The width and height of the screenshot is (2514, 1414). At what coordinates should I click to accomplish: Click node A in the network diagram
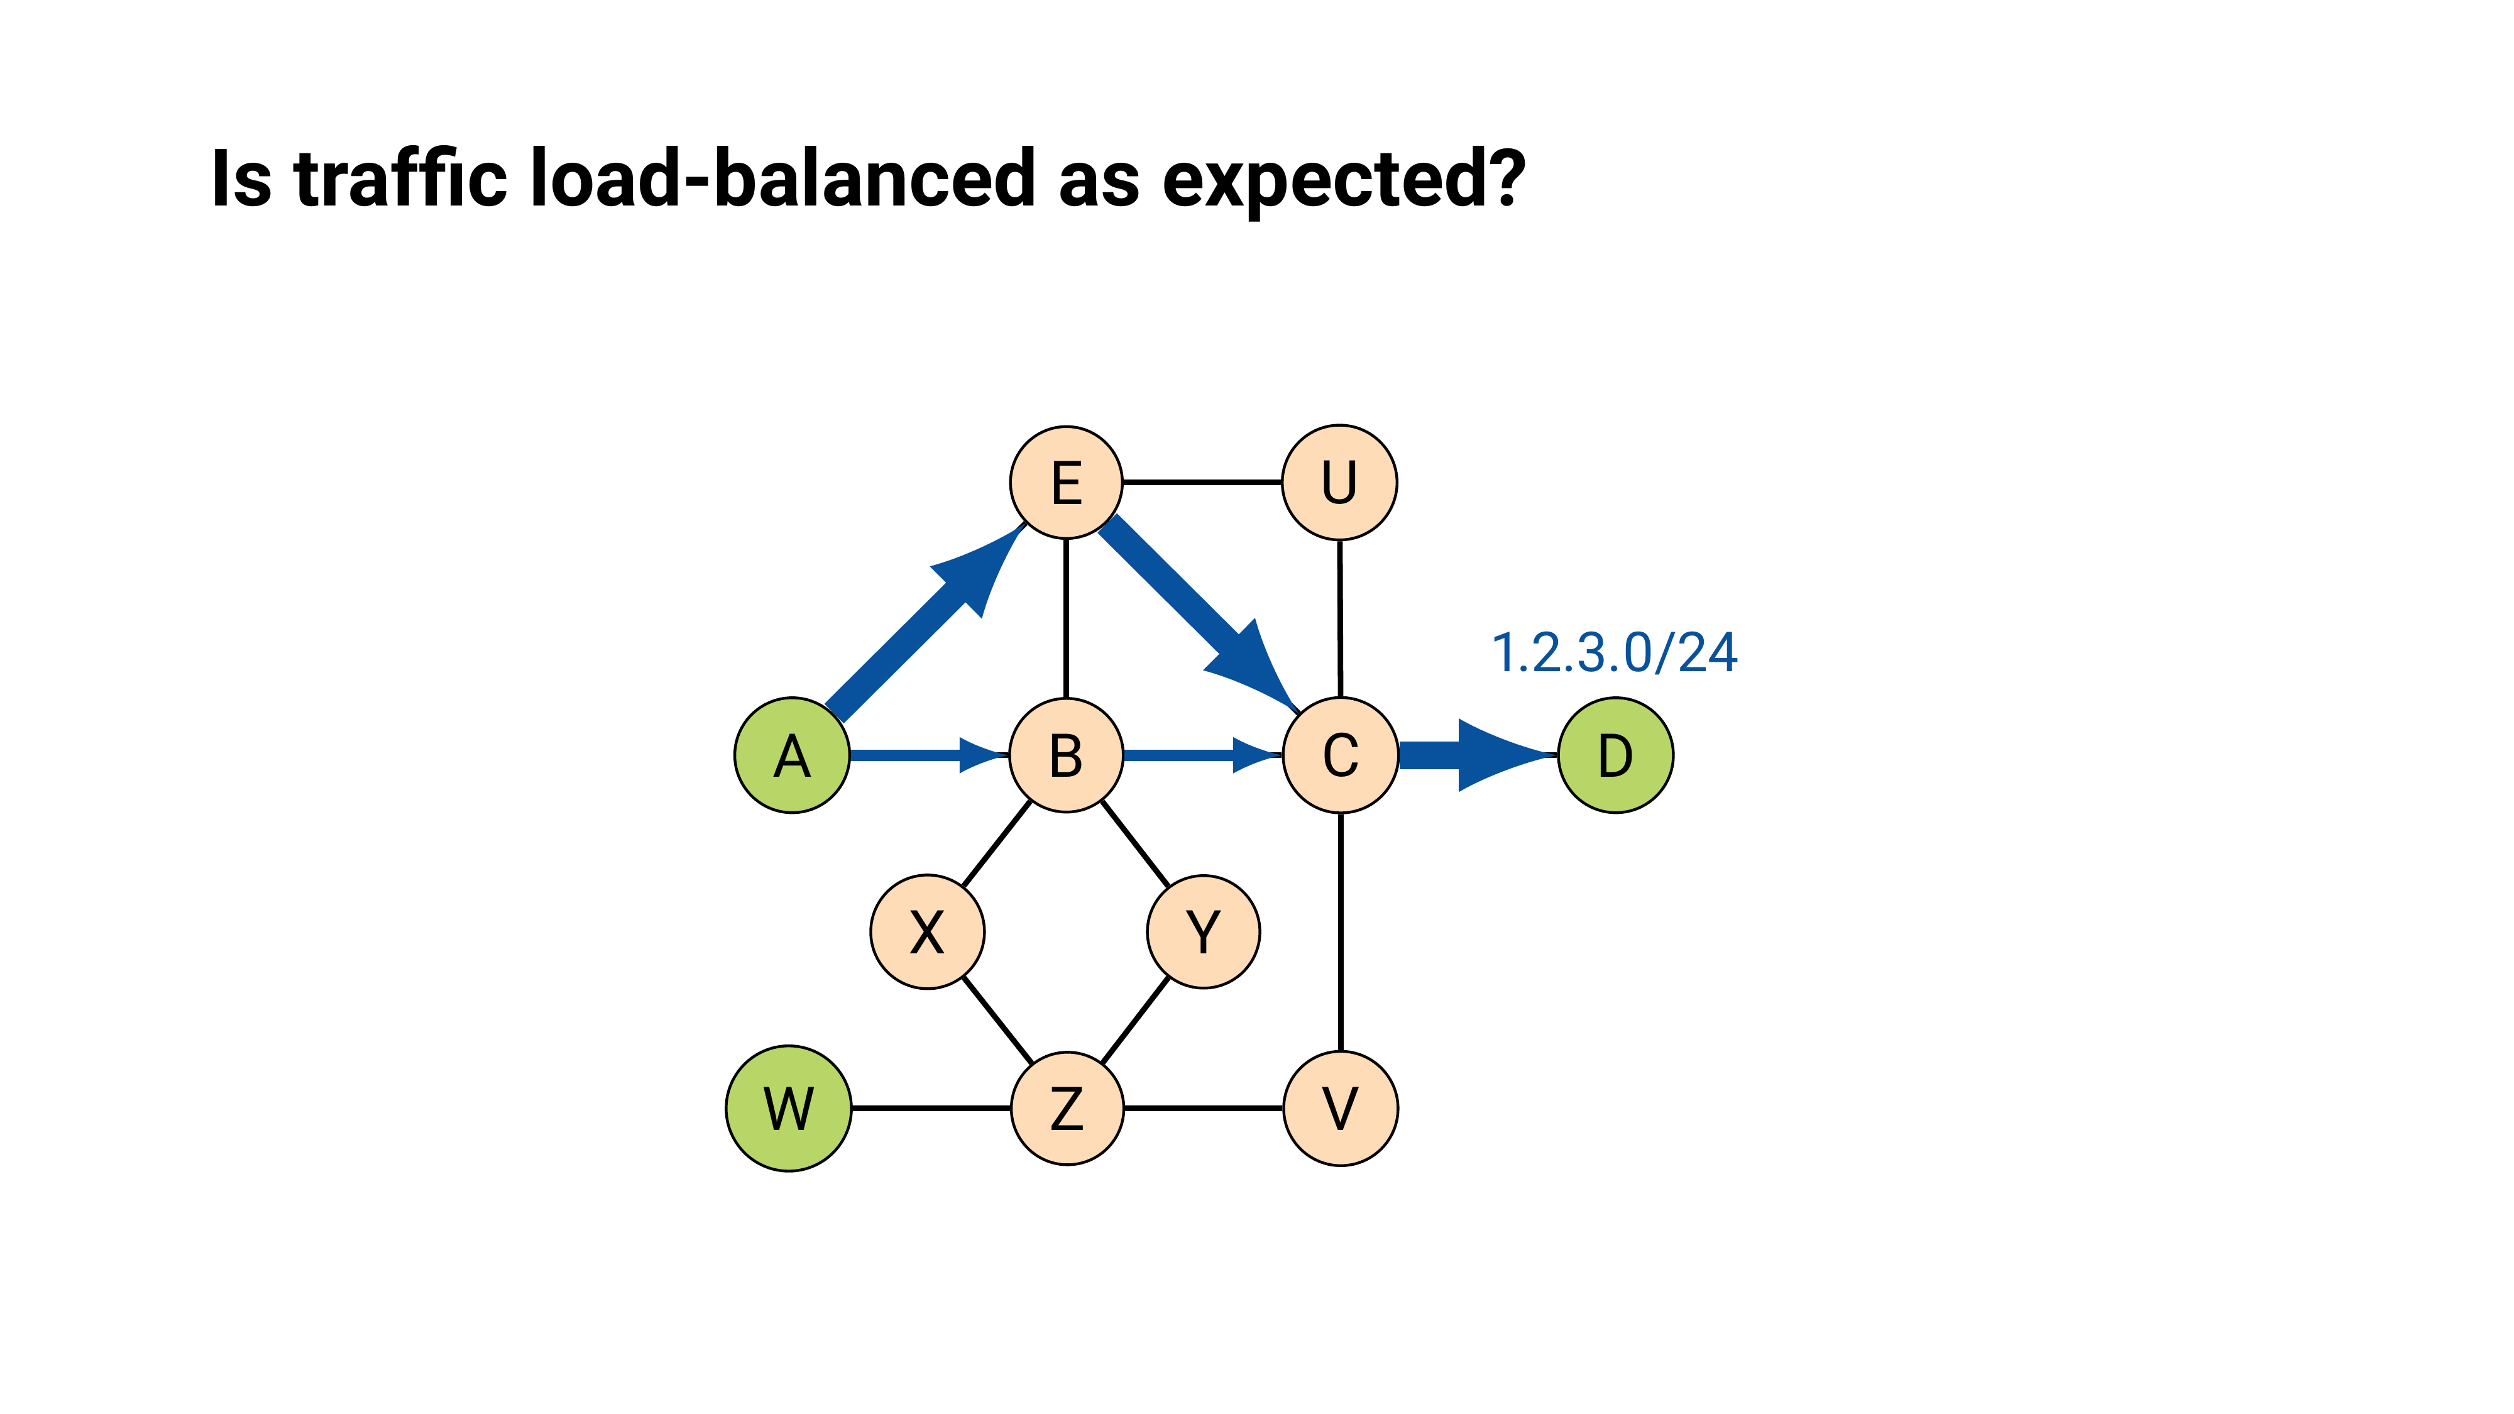click(x=791, y=755)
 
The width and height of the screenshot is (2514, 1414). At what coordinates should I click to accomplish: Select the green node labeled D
click(x=1615, y=755)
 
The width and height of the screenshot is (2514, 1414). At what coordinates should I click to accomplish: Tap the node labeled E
click(x=1066, y=482)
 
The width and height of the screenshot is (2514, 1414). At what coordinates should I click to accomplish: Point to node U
click(x=1339, y=482)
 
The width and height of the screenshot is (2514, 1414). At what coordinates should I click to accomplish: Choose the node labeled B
click(x=1066, y=755)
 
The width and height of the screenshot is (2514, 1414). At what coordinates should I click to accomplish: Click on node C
click(x=1340, y=755)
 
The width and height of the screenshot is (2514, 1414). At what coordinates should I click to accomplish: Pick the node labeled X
click(x=927, y=932)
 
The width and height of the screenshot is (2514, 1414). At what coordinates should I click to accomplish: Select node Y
click(x=1204, y=932)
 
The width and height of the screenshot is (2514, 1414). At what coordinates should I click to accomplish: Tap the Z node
click(x=1067, y=1109)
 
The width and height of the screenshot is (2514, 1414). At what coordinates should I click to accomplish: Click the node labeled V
click(x=1340, y=1109)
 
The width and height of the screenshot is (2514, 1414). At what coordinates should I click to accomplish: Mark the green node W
click(x=789, y=1109)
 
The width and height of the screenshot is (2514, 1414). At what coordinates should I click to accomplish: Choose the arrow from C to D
click(x=1474, y=755)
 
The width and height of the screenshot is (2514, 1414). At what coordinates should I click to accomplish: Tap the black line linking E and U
click(x=1202, y=482)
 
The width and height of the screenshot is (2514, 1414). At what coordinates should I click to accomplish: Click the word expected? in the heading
click(x=1343, y=180)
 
